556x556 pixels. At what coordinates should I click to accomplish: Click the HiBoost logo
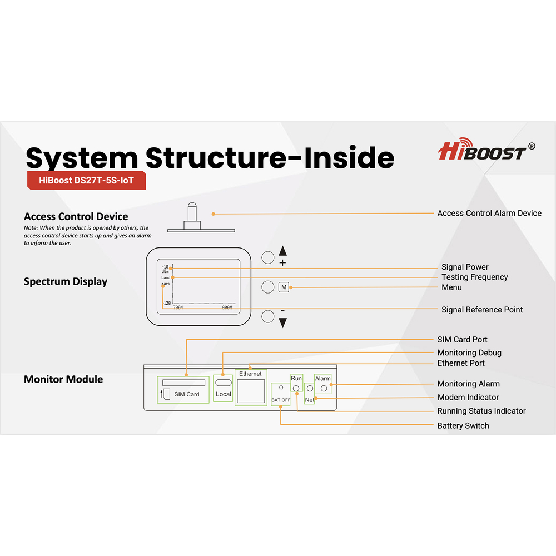(487, 150)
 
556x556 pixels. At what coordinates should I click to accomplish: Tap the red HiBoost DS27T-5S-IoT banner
(86, 180)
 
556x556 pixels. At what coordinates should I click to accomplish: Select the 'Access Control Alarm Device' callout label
(489, 213)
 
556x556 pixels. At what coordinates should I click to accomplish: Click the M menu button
(284, 287)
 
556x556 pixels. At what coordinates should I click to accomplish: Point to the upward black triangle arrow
(282, 251)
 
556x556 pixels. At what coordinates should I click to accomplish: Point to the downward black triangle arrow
(282, 322)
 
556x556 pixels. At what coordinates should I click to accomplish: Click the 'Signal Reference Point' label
(482, 310)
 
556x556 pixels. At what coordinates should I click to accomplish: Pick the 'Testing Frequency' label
(475, 277)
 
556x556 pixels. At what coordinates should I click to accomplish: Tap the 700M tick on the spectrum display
(178, 307)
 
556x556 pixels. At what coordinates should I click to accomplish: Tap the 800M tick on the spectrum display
(227, 307)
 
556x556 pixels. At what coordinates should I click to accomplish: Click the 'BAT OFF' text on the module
(281, 400)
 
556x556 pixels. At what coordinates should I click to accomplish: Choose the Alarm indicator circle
(324, 389)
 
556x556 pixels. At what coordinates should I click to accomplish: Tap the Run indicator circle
(296, 389)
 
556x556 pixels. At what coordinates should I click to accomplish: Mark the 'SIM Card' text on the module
(187, 394)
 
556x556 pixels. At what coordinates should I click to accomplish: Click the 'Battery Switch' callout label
(463, 426)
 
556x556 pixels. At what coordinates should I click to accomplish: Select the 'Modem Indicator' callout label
(468, 398)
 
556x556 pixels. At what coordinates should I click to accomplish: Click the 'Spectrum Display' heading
(66, 282)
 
